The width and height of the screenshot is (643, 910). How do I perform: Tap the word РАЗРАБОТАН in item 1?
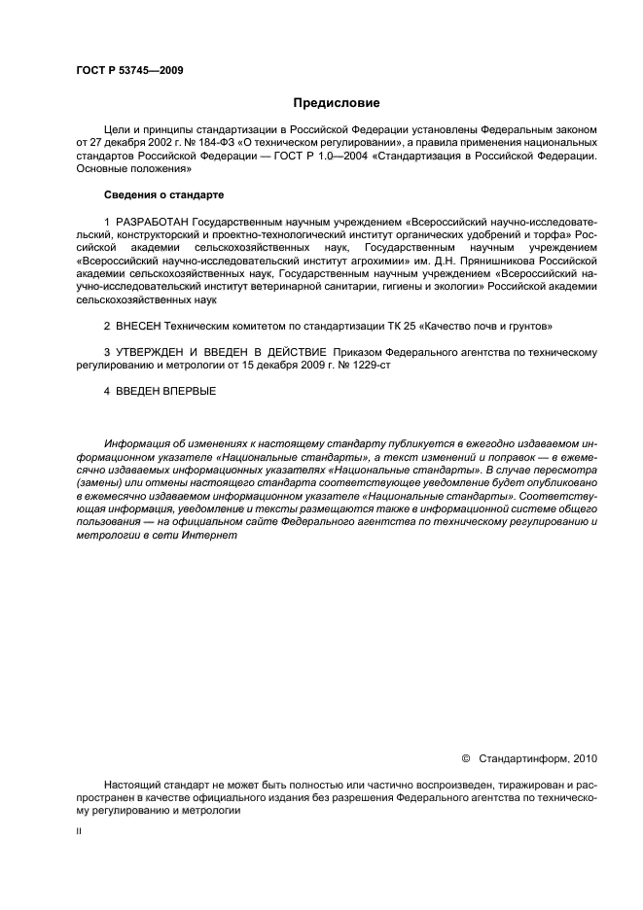(153, 223)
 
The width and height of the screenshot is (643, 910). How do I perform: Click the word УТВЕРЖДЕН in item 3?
(158, 350)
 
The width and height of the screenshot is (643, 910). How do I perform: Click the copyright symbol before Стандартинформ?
(465, 756)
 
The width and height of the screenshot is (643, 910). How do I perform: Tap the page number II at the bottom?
(79, 832)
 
